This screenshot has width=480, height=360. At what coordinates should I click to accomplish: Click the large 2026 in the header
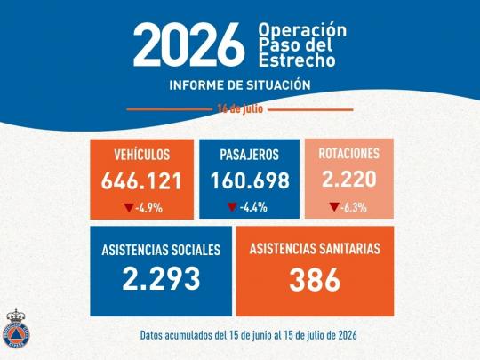pos(188,44)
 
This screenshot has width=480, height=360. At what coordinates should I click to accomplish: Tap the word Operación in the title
pos(302,30)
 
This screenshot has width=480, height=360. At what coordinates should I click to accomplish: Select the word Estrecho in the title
pos(297,60)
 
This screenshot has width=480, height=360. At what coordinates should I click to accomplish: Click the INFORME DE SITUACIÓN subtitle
pos(240,84)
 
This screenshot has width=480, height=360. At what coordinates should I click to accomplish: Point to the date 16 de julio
pos(240,108)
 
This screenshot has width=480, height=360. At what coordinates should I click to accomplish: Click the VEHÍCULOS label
pos(141,155)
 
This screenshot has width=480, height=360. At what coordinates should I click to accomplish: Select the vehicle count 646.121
pos(141,180)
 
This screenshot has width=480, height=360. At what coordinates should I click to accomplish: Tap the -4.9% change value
pos(149,208)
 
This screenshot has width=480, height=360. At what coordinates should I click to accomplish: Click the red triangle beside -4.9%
pos(129,207)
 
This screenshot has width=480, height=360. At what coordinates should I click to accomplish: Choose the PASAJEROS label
pos(249,155)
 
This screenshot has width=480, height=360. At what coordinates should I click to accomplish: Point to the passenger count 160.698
pos(250,180)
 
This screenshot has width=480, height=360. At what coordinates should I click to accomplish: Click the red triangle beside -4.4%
pos(232,207)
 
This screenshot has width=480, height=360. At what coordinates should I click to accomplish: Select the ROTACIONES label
pos(349,154)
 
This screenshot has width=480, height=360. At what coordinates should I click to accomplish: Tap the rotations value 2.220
pos(349,179)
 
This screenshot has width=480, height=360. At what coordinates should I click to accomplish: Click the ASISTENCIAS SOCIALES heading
pos(161,250)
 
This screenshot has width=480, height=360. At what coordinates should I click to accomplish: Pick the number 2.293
pos(161,278)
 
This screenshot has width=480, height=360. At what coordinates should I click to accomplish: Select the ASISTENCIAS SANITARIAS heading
pos(315,249)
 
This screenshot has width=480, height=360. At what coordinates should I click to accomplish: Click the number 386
pos(315,280)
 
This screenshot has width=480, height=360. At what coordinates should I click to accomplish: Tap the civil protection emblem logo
pos(16,329)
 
